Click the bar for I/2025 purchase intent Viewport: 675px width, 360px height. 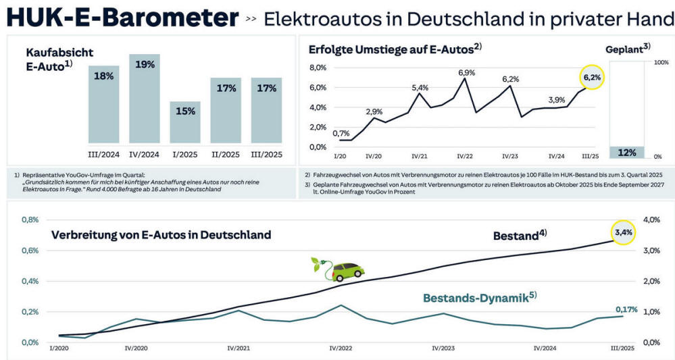[x=185, y=123]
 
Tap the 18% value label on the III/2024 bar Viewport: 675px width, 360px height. [x=103, y=76]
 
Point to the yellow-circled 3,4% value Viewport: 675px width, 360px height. [x=623, y=233]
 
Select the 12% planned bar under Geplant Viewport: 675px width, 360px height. [x=627, y=152]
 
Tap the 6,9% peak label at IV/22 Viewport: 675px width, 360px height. [x=466, y=72]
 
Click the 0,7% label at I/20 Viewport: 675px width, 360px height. [x=341, y=133]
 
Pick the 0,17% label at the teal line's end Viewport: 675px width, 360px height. [x=626, y=309]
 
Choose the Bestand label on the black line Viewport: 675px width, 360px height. [x=519, y=236]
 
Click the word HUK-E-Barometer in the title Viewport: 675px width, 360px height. [x=122, y=18]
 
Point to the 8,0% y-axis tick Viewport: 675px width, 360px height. [x=318, y=68]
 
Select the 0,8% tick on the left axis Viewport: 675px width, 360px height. [x=30, y=220]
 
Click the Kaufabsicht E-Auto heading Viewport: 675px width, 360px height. [x=59, y=59]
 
